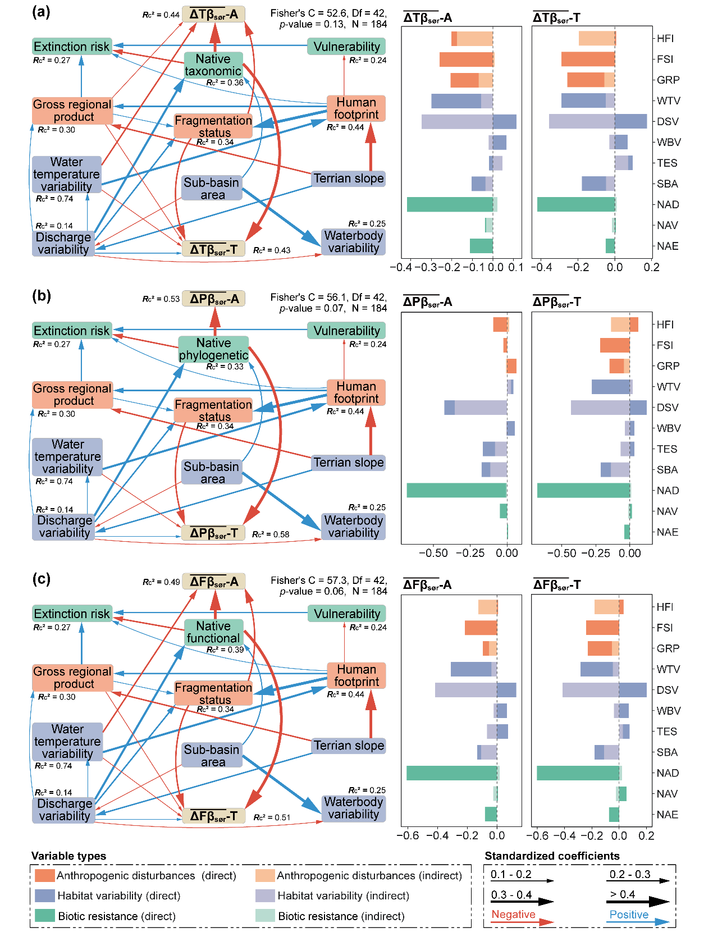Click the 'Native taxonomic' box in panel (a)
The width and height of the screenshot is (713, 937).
click(213, 65)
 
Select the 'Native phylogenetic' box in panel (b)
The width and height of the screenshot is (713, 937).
click(213, 349)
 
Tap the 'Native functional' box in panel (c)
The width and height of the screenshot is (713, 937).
click(213, 632)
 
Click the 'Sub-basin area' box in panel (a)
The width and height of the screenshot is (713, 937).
click(212, 189)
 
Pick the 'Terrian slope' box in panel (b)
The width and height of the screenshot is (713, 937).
click(349, 463)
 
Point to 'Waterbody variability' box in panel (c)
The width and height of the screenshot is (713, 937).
click(354, 808)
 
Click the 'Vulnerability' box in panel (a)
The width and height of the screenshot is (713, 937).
click(346, 47)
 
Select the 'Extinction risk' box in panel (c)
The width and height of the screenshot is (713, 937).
click(72, 614)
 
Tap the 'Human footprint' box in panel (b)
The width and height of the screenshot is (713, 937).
click(356, 392)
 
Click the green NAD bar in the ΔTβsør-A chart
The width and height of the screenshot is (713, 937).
click(450, 204)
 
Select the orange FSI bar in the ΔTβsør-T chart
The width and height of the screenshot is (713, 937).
click(588, 59)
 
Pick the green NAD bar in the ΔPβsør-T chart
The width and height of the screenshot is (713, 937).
click(583, 490)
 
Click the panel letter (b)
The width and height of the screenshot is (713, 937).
click(42, 296)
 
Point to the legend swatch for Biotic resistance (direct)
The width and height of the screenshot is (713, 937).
click(44, 916)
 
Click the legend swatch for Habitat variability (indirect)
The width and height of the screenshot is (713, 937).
click(265, 895)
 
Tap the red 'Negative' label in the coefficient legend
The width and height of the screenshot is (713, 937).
click(513, 915)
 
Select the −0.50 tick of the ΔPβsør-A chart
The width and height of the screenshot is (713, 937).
click(433, 553)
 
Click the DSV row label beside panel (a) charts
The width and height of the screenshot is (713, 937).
click(668, 122)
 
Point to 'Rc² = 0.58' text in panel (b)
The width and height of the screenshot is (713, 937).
click(271, 534)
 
